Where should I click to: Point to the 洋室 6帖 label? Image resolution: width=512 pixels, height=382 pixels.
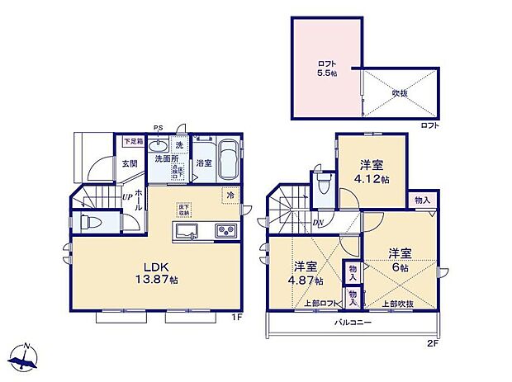[401, 259]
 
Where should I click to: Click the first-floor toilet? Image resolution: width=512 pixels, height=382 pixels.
[90, 223]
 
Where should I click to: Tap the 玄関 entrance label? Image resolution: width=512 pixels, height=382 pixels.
[130, 163]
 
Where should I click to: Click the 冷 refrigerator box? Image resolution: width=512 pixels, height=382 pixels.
[230, 196]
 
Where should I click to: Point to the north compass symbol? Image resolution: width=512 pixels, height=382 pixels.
[25, 356]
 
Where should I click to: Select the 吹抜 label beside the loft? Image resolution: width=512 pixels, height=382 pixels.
[400, 92]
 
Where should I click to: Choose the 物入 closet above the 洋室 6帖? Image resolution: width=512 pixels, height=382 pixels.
[422, 200]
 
